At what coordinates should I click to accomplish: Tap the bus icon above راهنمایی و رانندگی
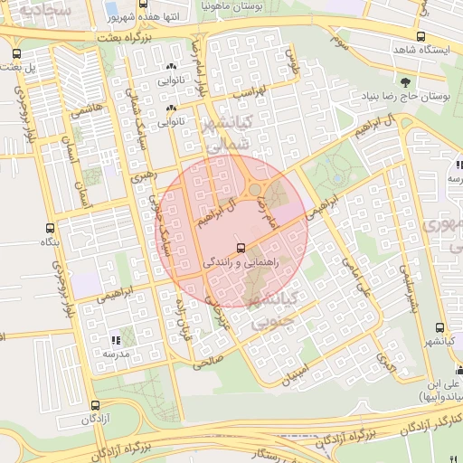(240, 247)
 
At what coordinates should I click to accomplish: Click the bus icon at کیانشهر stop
(439, 328)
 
